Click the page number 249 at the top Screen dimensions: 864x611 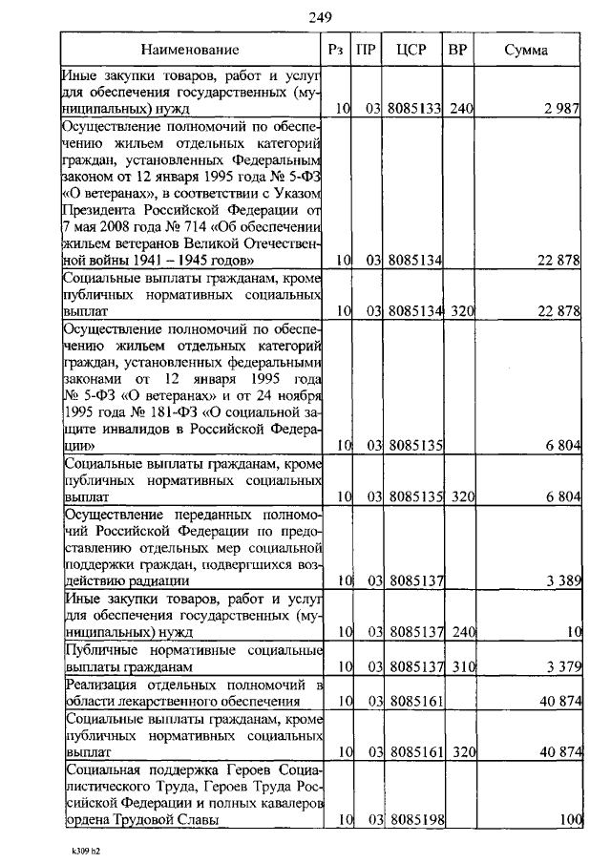[320, 16]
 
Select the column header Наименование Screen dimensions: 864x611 [188, 49]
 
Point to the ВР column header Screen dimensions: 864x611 [457, 49]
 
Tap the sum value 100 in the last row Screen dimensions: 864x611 [571, 819]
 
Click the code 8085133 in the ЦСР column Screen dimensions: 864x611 [413, 110]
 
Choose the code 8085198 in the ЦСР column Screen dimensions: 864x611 [413, 819]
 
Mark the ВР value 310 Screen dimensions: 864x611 [462, 666]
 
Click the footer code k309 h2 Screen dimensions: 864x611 [85, 848]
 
